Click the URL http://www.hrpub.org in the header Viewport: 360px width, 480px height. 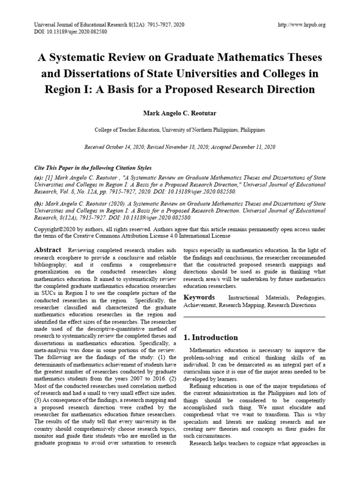click(x=301, y=24)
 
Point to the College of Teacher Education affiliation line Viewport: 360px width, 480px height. click(x=180, y=130)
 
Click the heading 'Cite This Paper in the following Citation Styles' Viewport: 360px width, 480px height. click(x=93, y=168)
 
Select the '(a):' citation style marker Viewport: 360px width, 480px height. click(x=39, y=178)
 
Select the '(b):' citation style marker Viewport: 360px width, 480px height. click(x=39, y=204)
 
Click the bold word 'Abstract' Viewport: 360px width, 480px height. click(x=48, y=250)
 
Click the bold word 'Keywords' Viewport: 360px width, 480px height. click(x=199, y=297)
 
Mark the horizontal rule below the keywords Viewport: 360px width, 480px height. click(x=254, y=317)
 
